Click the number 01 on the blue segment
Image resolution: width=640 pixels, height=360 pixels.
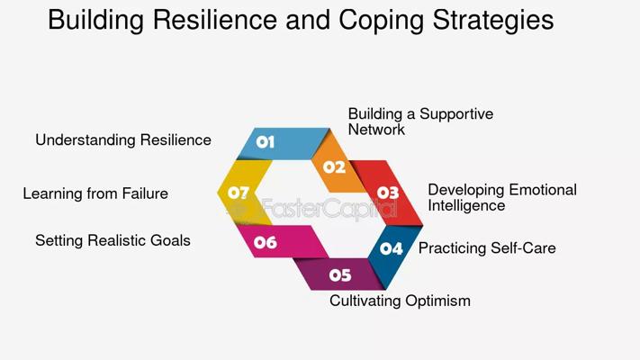tap(266, 142)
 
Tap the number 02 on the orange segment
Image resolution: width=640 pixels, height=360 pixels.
tap(334, 166)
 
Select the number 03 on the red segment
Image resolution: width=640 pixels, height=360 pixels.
tap(388, 193)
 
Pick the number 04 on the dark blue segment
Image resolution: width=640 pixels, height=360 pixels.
tap(391, 248)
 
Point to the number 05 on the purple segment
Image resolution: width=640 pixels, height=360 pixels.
tap(340, 275)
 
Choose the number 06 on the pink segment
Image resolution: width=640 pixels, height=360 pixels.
tap(266, 242)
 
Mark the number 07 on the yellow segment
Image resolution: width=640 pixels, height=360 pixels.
tap(239, 193)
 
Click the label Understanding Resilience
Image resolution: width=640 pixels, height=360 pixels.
tap(123, 140)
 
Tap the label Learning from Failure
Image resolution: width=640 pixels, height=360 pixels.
tap(95, 193)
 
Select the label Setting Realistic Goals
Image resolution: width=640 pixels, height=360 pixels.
tap(113, 240)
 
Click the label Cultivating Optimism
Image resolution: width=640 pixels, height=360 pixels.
tap(400, 301)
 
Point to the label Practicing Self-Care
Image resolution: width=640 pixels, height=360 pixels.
tap(487, 248)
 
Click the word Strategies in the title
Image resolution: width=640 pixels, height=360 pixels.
tap(493, 21)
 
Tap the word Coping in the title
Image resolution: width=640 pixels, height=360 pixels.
tap(382, 21)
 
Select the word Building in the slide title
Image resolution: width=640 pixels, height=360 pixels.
tap(96, 20)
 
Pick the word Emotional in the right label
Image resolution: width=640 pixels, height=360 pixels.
tap(543, 190)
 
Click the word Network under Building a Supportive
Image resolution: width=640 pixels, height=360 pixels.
tap(376, 130)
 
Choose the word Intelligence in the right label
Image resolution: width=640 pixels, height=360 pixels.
tap(466, 205)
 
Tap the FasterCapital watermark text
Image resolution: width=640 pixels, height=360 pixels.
tap(329, 209)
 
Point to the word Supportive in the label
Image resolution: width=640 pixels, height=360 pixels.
tap(456, 114)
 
